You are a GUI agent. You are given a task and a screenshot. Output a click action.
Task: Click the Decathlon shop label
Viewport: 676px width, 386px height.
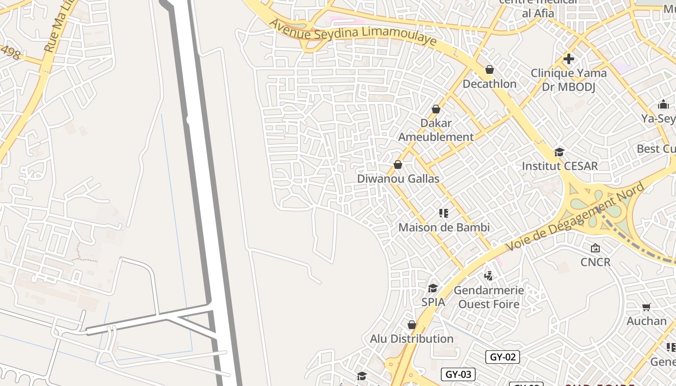489,84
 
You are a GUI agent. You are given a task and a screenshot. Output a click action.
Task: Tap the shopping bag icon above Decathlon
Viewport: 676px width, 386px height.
490,70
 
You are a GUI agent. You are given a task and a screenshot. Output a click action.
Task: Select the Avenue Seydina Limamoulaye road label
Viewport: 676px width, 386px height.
353,33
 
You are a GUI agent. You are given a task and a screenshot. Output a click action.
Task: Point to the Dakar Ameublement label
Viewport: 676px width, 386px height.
436,130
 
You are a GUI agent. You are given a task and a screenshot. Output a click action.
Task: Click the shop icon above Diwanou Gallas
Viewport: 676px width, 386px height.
398,165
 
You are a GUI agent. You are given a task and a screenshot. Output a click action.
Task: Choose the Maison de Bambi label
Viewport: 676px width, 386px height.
444,227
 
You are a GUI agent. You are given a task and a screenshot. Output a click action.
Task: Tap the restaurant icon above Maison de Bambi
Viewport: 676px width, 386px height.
444,213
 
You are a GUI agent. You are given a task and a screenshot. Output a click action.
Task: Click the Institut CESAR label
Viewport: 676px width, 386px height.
560,166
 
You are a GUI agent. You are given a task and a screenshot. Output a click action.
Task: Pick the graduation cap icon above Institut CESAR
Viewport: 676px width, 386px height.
559,152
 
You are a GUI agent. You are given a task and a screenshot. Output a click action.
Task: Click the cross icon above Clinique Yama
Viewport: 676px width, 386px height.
569,59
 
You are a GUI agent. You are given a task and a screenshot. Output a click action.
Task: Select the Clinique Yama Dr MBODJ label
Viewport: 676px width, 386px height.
568,80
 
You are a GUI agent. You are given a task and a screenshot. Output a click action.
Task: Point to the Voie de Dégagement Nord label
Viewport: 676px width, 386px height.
575,217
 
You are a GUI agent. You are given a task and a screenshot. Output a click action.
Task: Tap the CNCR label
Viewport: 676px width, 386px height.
595,262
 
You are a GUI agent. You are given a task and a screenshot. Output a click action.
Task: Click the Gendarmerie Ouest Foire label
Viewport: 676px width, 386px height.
489,297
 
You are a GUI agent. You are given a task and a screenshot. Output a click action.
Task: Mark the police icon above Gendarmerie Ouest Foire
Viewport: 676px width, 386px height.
489,276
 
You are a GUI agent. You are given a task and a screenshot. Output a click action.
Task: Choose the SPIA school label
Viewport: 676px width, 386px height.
433,303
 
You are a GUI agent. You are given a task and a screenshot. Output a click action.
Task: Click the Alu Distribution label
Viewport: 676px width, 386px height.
411,339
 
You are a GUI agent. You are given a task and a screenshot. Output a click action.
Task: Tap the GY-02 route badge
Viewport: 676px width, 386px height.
503,357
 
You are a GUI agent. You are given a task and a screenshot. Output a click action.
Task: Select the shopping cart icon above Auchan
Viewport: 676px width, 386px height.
647,307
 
